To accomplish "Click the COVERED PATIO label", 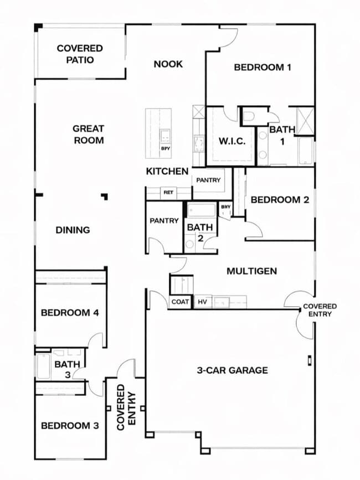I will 79,54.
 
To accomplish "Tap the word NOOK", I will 168,64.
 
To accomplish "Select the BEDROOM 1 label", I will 263,68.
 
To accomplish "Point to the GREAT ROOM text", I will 88,135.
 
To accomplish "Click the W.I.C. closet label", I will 231,141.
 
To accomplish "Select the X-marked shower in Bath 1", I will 305,121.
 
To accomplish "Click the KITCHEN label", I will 167,172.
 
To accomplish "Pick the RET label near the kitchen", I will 168,193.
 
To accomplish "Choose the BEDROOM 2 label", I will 280,200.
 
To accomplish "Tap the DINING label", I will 73,230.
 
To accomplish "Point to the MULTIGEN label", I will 251,271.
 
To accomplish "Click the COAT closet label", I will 181,302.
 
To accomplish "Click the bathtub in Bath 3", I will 43,366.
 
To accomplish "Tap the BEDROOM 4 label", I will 70,313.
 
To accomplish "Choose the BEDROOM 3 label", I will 70,426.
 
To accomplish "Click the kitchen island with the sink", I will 158,133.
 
